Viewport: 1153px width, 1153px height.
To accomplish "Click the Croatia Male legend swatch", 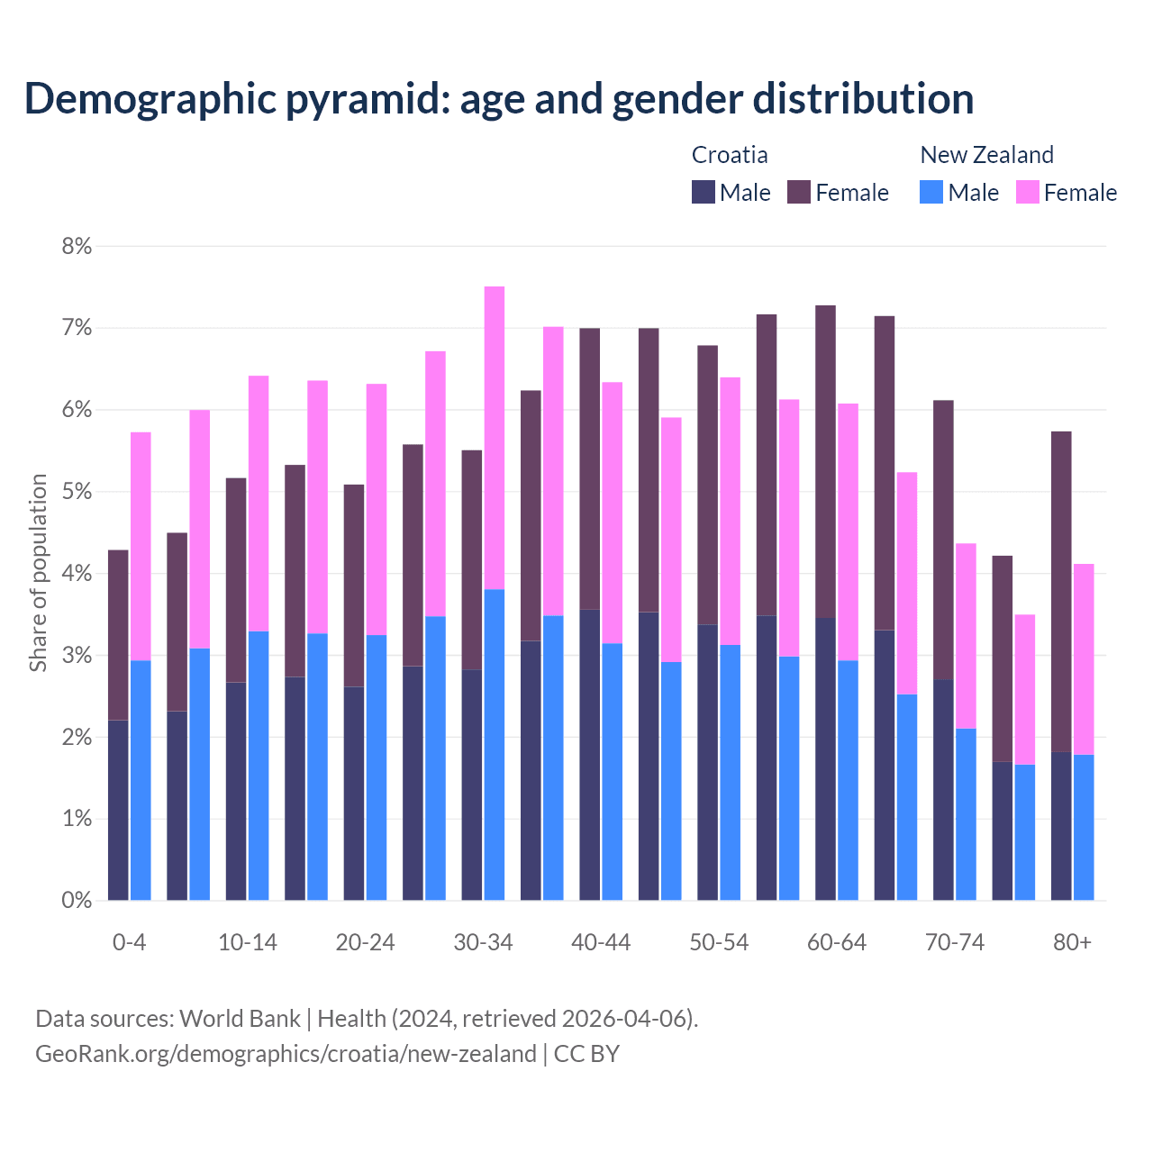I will (x=704, y=192).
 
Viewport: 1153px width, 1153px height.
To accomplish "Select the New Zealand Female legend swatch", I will (x=1028, y=192).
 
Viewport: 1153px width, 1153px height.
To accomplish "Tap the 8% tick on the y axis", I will (x=77, y=246).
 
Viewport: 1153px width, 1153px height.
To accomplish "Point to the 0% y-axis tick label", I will (x=77, y=900).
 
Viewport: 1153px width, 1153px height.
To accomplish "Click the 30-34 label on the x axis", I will (x=483, y=942).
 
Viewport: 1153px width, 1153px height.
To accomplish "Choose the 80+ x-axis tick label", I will (x=1072, y=942).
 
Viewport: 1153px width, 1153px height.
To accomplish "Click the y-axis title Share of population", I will (x=38, y=573).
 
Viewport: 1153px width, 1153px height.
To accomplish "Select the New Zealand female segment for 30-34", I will (x=495, y=438).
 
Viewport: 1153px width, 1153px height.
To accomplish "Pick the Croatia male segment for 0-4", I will (x=118, y=810).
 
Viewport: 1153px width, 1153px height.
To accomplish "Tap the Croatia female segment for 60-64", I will (x=825, y=461).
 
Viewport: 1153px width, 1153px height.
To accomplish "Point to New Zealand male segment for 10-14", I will (x=259, y=766).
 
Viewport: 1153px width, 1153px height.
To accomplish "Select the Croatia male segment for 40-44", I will (x=590, y=755).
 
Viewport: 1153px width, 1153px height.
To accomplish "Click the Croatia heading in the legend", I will (x=730, y=155).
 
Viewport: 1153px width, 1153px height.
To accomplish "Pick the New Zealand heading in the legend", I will (x=986, y=155).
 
